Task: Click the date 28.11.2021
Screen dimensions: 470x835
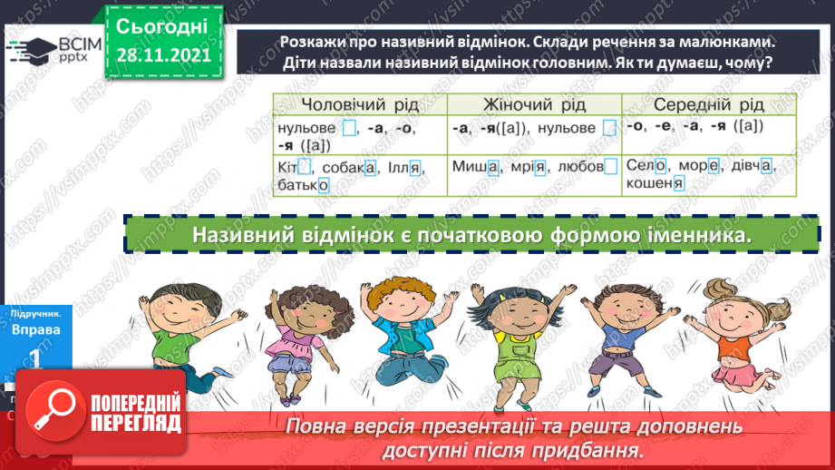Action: click(164, 55)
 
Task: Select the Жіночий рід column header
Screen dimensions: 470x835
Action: click(533, 104)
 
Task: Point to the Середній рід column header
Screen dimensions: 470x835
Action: click(708, 104)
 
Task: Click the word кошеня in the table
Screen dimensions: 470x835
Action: click(654, 184)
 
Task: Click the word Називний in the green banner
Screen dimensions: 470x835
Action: click(240, 234)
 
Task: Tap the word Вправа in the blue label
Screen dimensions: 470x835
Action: click(36, 330)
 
